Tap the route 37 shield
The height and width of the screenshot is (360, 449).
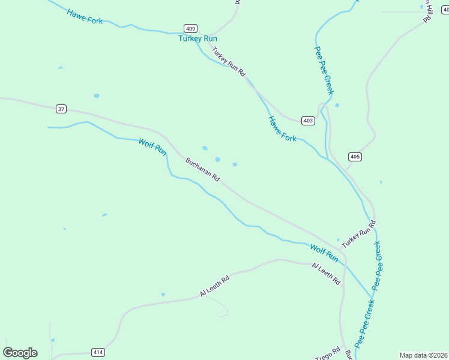[x=61, y=109]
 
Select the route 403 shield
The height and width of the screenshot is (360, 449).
[x=308, y=121]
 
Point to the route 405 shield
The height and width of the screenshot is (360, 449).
[x=355, y=157]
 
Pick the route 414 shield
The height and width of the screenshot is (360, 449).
[x=98, y=352]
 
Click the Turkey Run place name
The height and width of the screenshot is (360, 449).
[x=197, y=38]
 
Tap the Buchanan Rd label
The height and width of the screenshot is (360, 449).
[x=203, y=170]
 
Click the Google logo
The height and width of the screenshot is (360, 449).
[x=20, y=352]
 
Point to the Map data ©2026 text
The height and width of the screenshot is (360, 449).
[x=424, y=355]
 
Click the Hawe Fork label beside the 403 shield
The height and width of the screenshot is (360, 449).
[x=282, y=128]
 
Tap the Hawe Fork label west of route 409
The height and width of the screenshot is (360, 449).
[x=85, y=16]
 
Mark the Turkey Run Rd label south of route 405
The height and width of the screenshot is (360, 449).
[x=358, y=235]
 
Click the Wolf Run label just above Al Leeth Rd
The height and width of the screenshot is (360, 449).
[x=324, y=252]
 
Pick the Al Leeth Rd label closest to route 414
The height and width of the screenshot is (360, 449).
[x=215, y=287]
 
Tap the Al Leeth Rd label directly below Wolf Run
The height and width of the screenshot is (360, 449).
[x=327, y=274]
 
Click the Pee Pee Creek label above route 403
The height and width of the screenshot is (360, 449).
[x=324, y=70]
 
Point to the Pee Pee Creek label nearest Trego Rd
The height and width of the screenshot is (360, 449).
[x=364, y=323]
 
